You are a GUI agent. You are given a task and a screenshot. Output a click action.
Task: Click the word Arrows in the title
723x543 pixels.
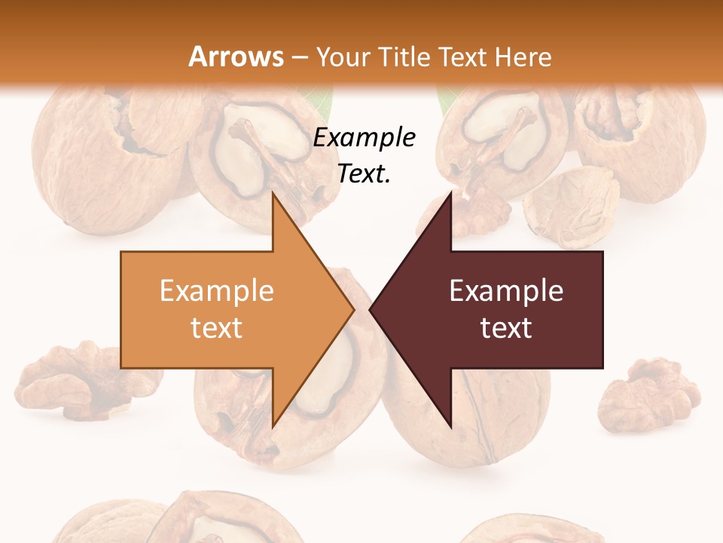point(235,57)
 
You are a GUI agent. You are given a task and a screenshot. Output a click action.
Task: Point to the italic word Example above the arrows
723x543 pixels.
point(365,137)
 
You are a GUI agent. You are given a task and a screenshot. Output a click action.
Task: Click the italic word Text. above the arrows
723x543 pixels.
point(365,173)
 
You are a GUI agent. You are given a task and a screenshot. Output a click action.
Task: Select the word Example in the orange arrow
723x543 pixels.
point(217,291)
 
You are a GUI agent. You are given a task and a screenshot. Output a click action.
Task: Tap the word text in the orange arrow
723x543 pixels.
point(217,328)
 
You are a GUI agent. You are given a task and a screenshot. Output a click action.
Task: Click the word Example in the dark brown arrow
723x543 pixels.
point(506,291)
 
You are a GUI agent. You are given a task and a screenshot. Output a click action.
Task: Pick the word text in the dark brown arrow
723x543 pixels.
point(506,328)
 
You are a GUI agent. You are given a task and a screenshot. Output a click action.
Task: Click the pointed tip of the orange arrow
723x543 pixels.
point(353,309)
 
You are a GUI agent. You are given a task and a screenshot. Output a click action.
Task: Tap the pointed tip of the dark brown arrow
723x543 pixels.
point(371,309)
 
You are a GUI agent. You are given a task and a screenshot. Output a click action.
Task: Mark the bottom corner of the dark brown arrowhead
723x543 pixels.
point(450,427)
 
